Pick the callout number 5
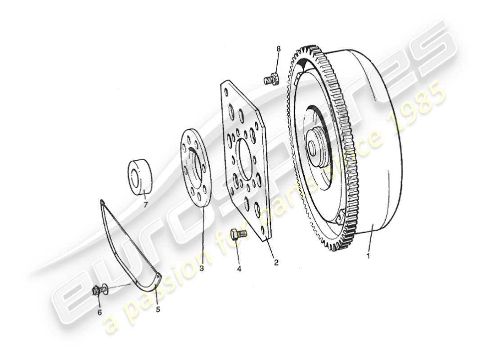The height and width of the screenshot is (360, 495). click(x=158, y=310)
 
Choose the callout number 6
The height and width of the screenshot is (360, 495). click(x=100, y=311)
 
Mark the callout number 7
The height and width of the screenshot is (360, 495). click(x=145, y=205)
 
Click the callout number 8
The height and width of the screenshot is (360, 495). click(x=278, y=49)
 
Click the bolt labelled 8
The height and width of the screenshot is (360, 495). click(x=270, y=80)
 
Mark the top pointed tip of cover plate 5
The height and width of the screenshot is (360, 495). click(x=102, y=201)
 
